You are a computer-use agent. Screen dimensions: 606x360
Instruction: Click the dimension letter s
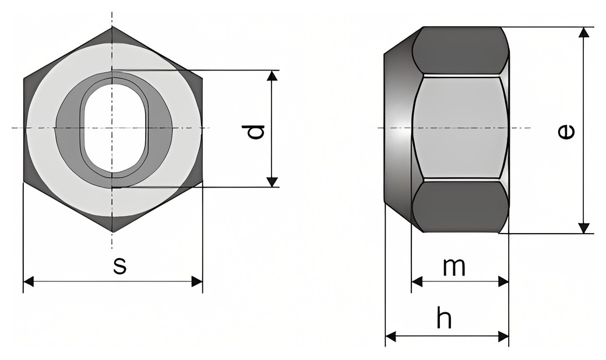(x=120, y=266)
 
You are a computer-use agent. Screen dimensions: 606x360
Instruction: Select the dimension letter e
(x=566, y=132)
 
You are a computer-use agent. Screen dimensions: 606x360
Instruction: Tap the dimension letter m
(x=454, y=267)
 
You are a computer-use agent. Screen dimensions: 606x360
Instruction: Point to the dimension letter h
(x=444, y=317)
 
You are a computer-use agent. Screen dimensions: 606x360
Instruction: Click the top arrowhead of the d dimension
(x=273, y=76)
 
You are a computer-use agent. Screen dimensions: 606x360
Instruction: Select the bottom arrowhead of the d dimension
(x=273, y=182)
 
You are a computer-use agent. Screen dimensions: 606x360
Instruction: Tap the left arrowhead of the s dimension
(x=29, y=281)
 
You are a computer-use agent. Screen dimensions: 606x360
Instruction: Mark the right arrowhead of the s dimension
(x=197, y=281)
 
